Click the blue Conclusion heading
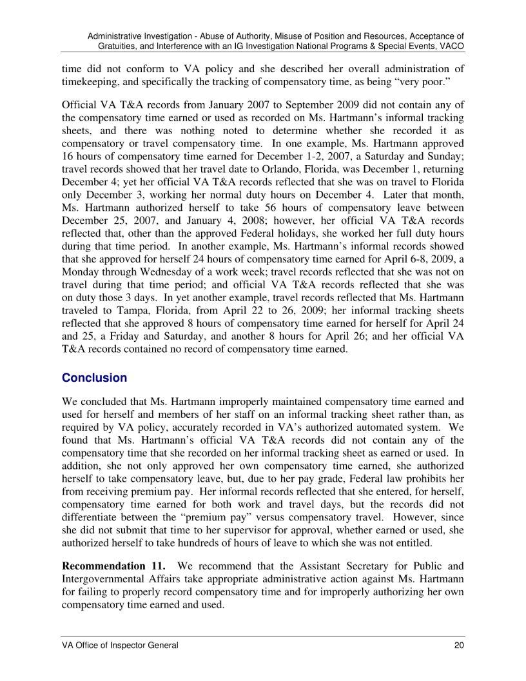pos(94,378)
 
